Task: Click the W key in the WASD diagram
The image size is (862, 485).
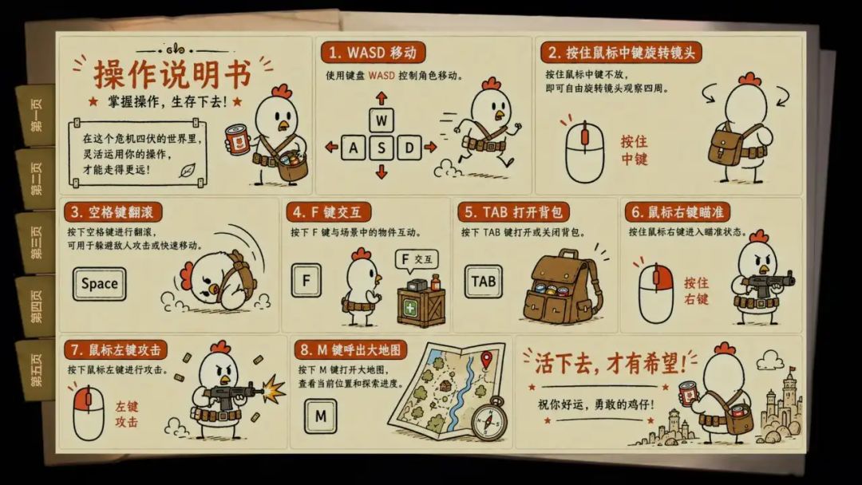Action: (382, 120)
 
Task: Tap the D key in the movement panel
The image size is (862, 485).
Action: (409, 148)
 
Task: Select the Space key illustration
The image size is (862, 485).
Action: (100, 284)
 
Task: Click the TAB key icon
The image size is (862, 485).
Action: (483, 282)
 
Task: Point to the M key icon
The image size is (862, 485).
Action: (321, 416)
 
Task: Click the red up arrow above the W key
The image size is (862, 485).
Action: (382, 98)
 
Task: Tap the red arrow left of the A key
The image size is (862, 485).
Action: (331, 148)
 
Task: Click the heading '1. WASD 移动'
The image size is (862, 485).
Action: (373, 53)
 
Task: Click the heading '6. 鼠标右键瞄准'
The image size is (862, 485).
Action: (678, 212)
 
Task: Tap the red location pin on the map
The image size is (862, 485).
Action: (486, 361)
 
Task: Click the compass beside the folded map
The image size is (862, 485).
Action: (489, 419)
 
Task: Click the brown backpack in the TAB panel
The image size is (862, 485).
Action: (561, 287)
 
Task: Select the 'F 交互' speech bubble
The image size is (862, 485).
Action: (417, 260)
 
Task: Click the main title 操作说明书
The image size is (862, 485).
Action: (172, 73)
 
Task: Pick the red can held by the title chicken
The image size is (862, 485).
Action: (238, 140)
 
